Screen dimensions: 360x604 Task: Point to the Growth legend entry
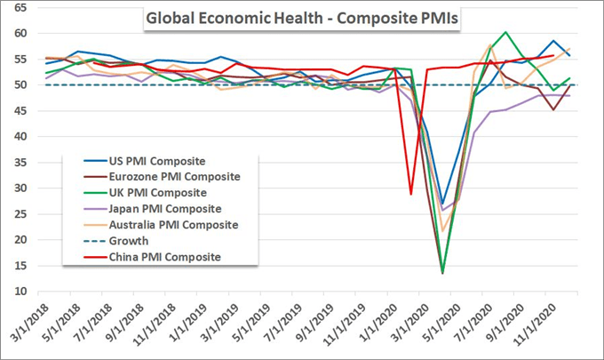124,241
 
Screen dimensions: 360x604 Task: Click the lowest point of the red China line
410,195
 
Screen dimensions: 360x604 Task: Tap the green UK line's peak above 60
505,32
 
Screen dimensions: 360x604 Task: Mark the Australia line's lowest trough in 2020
442,231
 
